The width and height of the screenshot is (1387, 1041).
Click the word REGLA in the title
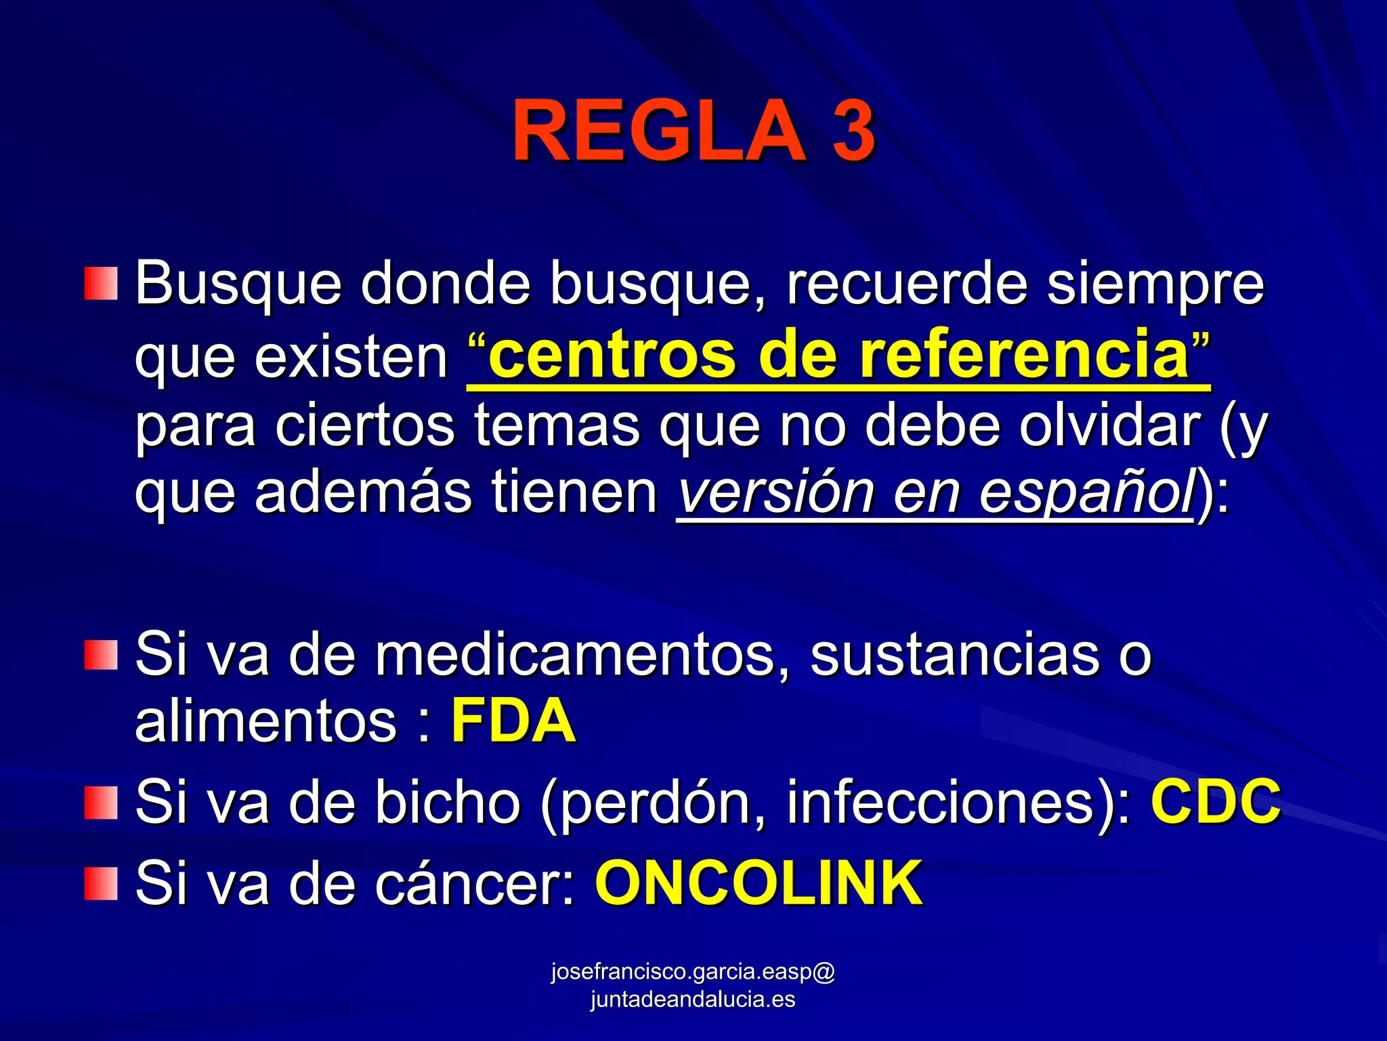[x=658, y=131]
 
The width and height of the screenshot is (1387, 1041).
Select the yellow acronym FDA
[x=513, y=721]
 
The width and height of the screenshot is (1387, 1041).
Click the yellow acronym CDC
[x=1216, y=801]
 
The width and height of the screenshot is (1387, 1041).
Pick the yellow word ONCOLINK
[x=759, y=883]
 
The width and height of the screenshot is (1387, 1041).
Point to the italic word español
[x=1086, y=493]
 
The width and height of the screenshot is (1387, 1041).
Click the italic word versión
[x=776, y=493]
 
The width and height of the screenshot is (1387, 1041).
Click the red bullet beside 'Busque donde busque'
[x=101, y=284]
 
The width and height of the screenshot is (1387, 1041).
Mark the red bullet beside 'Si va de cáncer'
[x=101, y=883]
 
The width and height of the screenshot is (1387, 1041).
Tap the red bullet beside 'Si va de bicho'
[x=101, y=803]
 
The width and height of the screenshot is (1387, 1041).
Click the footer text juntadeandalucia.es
[x=692, y=1000]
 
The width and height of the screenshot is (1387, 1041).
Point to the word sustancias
[x=955, y=655]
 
